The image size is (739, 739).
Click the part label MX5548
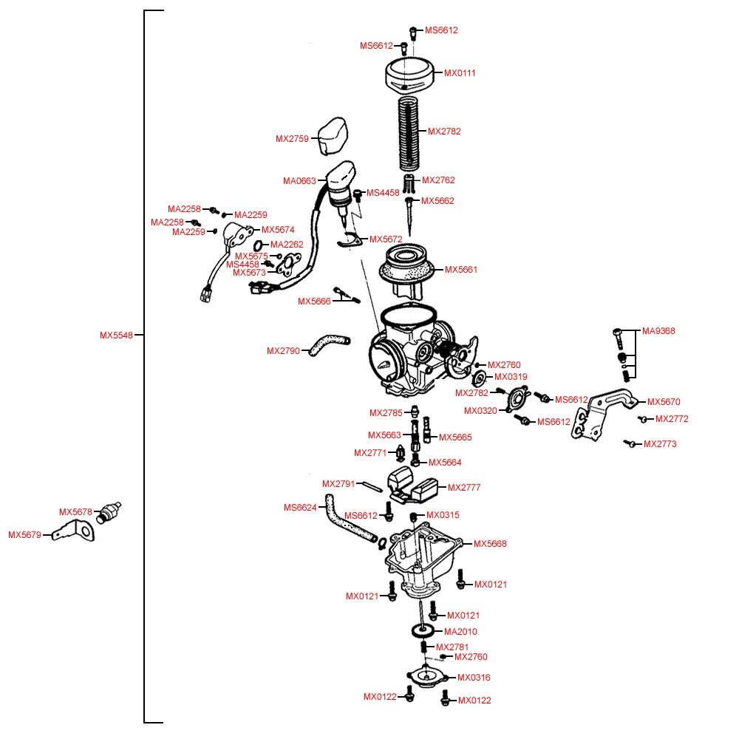coord(116,335)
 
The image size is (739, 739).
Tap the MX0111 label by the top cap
coord(460,73)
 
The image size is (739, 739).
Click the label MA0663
coord(299,181)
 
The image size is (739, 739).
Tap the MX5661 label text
coord(461,270)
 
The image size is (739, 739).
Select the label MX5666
coord(314,302)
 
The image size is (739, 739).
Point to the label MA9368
coord(658,331)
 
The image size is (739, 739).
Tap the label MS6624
coord(300,508)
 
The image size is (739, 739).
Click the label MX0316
coord(474,678)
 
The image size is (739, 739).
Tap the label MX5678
coord(75,512)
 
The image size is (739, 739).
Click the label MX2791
coord(338,484)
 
